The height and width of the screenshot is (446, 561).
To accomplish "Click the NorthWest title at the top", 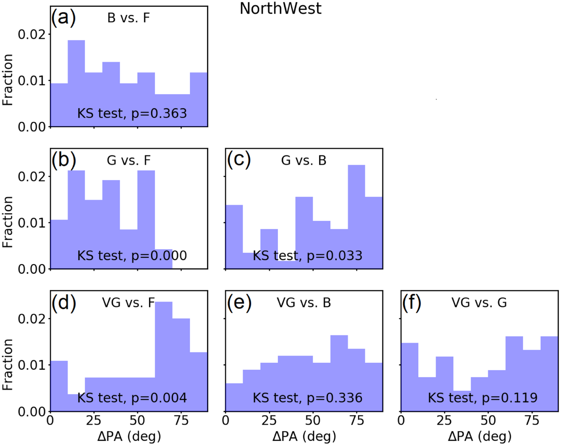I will pyautogui.click(x=280, y=9).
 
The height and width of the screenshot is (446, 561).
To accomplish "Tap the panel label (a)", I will pyautogui.click(x=63, y=18).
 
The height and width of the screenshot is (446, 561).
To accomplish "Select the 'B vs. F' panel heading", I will pyautogui.click(x=128, y=18).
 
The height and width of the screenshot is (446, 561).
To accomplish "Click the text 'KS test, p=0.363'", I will pyautogui.click(x=132, y=113).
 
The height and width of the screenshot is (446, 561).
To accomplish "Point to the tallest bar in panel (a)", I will pyautogui.click(x=76, y=83).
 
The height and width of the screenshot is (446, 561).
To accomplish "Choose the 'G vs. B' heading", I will pyautogui.click(x=304, y=161).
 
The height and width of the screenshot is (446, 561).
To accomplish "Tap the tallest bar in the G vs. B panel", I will pyautogui.click(x=356, y=215).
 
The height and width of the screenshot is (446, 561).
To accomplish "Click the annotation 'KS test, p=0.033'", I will pyautogui.click(x=307, y=256).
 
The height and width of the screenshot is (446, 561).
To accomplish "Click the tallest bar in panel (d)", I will pyautogui.click(x=164, y=354).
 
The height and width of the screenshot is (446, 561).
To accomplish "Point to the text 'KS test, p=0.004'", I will pyautogui.click(x=132, y=398).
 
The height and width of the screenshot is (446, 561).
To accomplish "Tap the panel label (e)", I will pyautogui.click(x=239, y=303).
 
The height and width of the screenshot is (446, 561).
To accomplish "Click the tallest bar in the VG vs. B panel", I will pyautogui.click(x=339, y=371).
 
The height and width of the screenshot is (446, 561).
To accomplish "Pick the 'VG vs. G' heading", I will pyautogui.click(x=479, y=303).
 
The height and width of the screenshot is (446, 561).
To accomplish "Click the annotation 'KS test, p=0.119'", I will pyautogui.click(x=483, y=398).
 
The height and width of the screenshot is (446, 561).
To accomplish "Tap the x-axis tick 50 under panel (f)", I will pyautogui.click(x=488, y=420).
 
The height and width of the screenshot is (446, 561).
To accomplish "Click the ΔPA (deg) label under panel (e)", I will pyautogui.click(x=304, y=436).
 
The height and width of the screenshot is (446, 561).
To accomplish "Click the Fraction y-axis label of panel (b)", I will pyautogui.click(x=8, y=222).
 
